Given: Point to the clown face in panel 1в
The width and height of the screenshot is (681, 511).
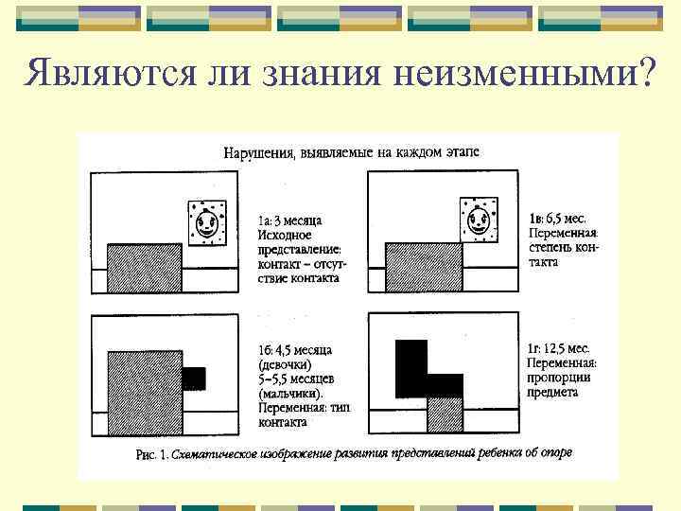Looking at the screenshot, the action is [478, 223].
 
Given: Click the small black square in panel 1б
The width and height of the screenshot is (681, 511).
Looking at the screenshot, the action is [193, 379].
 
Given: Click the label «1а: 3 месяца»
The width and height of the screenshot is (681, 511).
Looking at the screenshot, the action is [289, 221].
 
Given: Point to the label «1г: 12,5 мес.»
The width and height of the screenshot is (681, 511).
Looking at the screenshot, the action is [558, 349].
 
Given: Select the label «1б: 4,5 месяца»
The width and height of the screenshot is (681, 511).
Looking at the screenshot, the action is [295, 351].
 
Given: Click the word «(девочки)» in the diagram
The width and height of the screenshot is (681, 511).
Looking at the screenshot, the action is [285, 364].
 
